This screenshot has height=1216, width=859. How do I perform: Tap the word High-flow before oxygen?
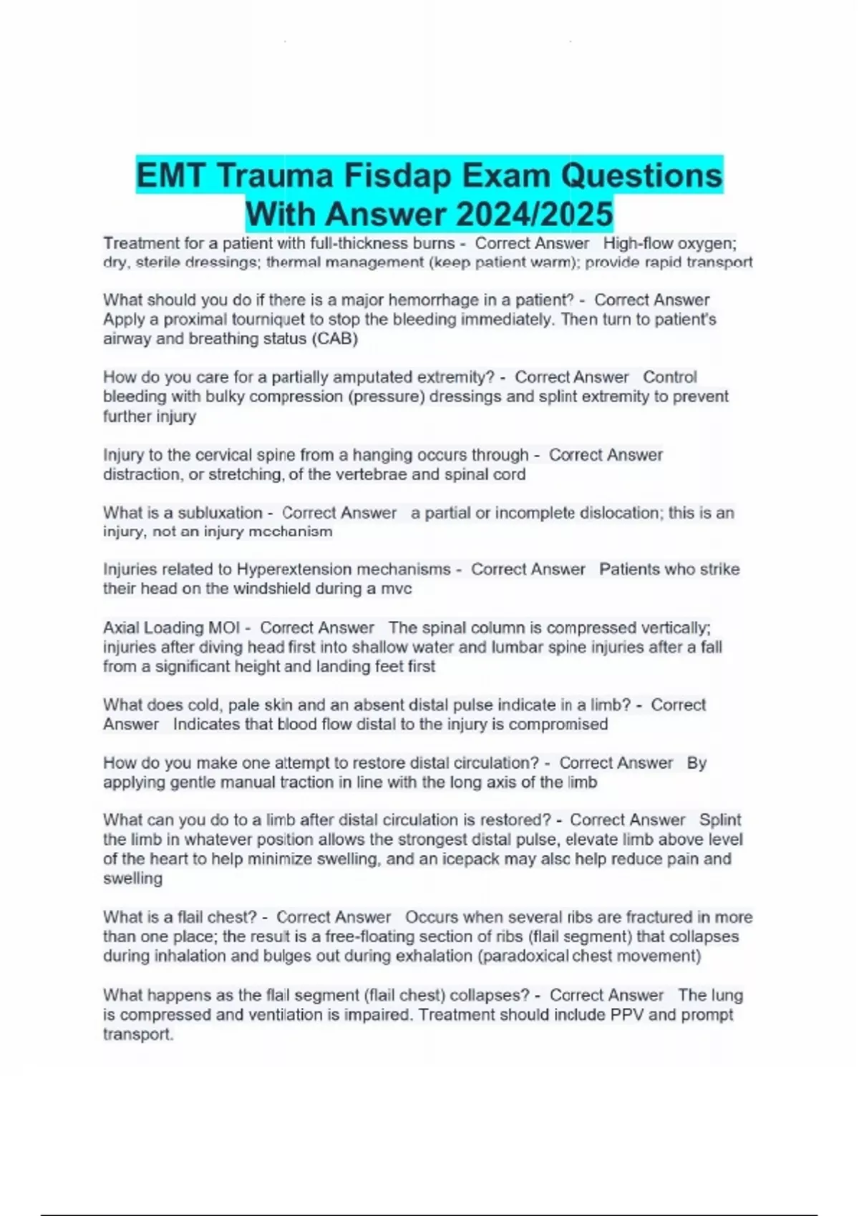[634, 243]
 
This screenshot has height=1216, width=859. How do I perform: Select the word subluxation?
[220, 513]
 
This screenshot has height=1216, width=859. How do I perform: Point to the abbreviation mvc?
[396, 589]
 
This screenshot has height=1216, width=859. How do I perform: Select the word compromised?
[558, 724]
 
